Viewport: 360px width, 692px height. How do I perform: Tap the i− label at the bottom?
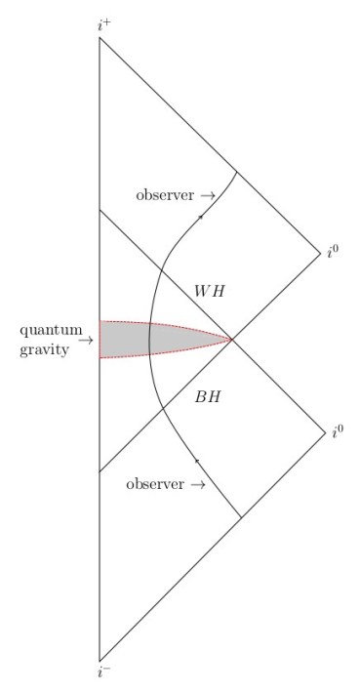click(x=104, y=672)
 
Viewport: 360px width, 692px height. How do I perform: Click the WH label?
click(x=209, y=292)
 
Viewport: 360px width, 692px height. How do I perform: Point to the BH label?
click(x=209, y=397)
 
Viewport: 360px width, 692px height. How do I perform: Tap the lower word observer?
click(x=155, y=484)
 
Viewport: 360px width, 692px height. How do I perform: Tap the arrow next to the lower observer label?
click(x=197, y=484)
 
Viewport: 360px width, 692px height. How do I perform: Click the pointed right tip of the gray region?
click(x=231, y=340)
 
